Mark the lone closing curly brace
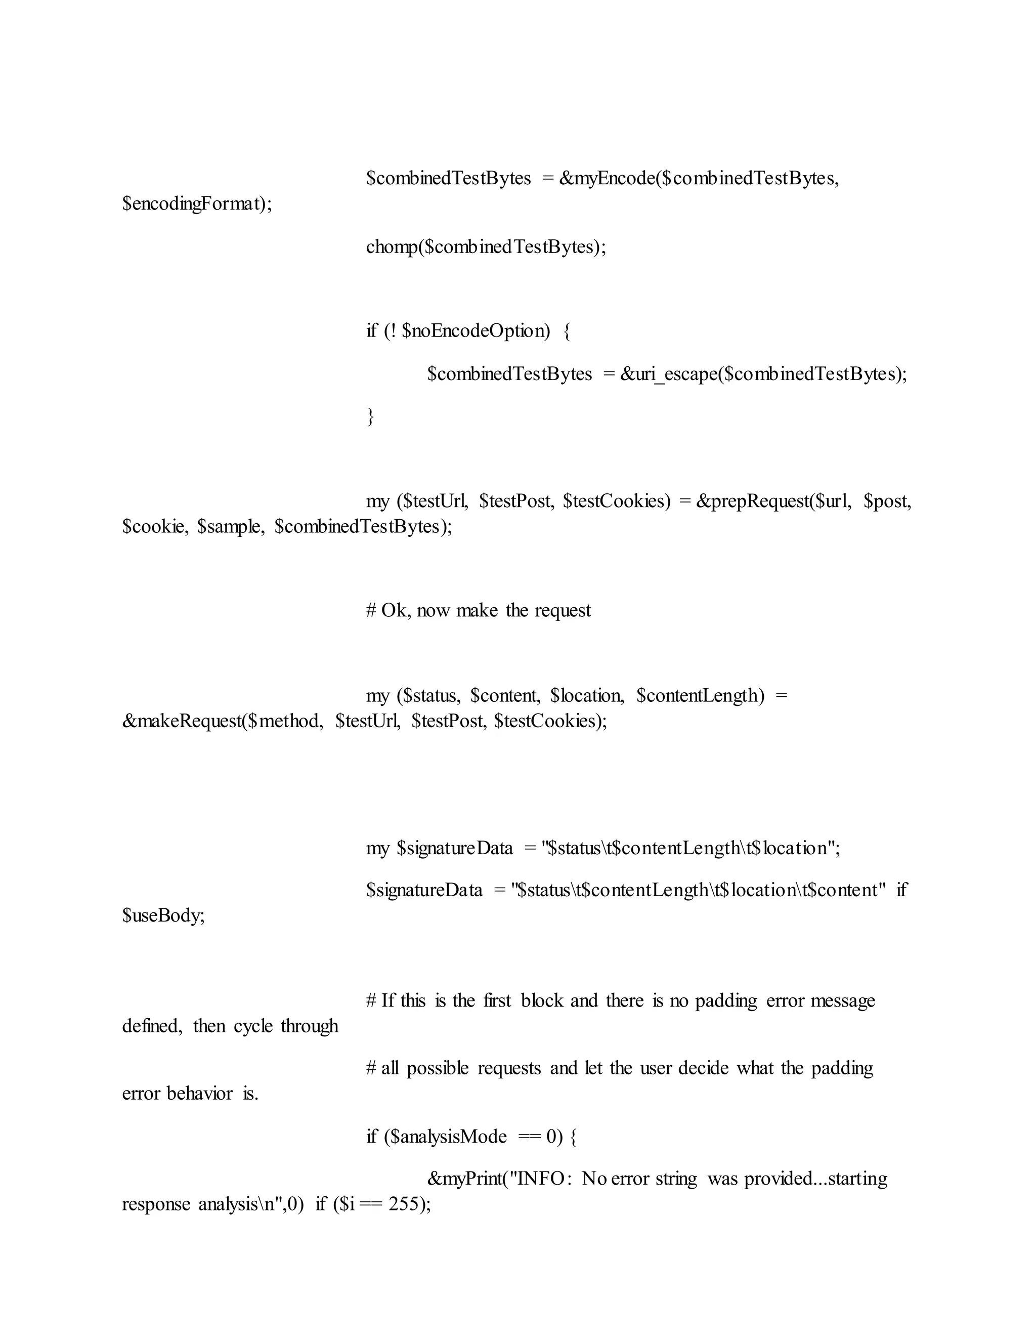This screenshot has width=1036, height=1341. pos(370,417)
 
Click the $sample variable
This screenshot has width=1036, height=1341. pos(230,527)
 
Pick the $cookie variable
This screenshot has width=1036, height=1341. pos(155,527)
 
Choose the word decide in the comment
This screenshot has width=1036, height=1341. pos(704,1068)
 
